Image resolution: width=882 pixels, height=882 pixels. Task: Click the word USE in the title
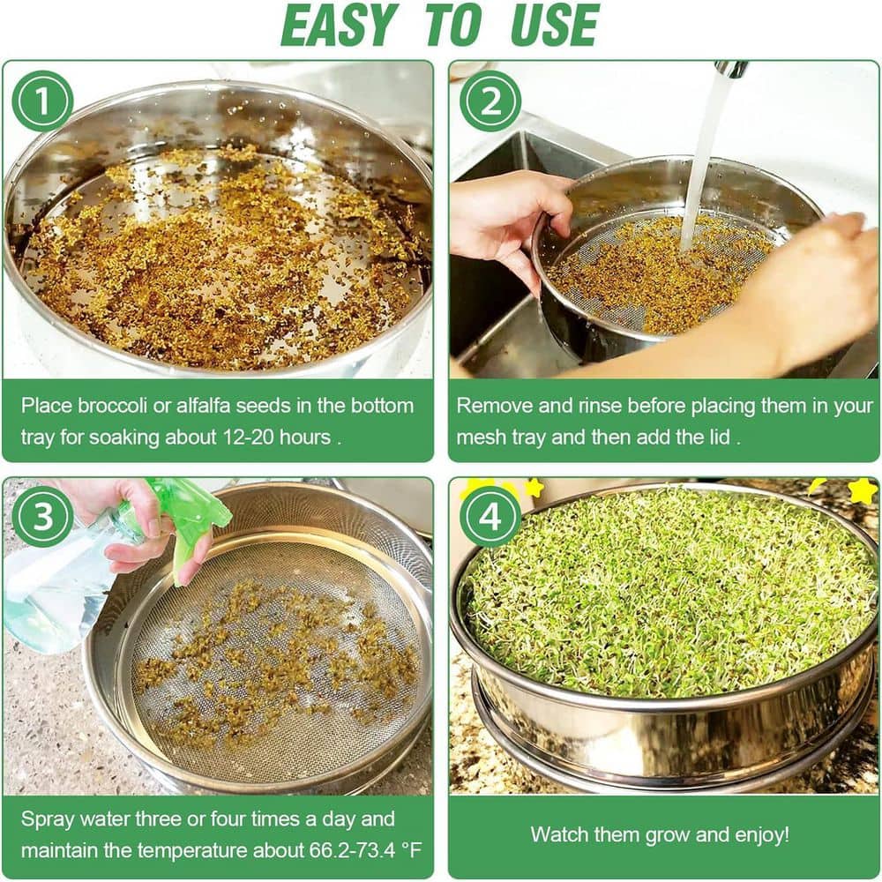click(555, 26)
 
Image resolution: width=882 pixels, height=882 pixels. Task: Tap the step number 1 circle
click(42, 101)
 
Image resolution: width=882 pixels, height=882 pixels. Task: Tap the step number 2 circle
click(490, 101)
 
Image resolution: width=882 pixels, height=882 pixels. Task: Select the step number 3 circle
click(42, 516)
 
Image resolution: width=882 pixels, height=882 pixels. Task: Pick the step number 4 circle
click(490, 516)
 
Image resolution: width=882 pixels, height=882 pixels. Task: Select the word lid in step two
click(721, 437)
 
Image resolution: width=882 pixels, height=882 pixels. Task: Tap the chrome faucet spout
click(731, 68)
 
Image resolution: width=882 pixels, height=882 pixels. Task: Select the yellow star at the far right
click(863, 490)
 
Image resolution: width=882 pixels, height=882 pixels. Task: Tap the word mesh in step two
click(482, 437)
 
